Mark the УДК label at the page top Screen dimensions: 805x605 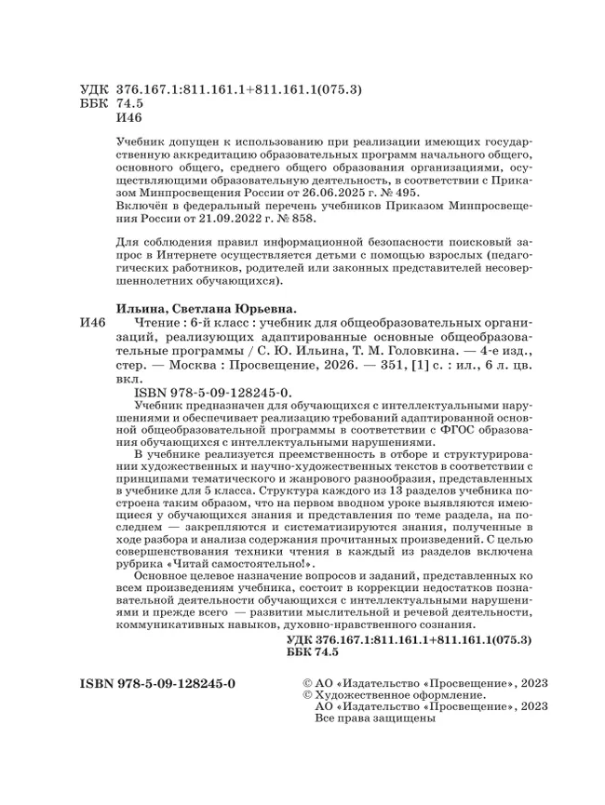[x=95, y=90]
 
